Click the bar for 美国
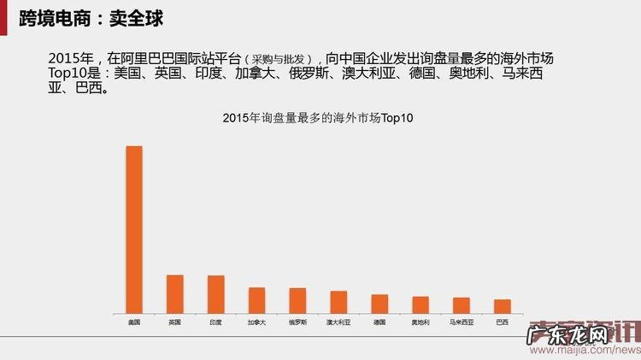(x=134, y=229)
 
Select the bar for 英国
(x=175, y=293)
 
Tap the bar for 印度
(x=216, y=293)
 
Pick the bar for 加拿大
(x=257, y=299)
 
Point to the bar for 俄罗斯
(x=297, y=300)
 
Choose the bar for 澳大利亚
(x=338, y=301)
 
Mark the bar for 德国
(x=379, y=304)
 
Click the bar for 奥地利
(x=420, y=304)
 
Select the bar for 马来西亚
(x=462, y=304)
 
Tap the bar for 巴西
(x=503, y=305)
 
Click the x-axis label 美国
(x=134, y=322)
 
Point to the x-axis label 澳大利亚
(x=338, y=322)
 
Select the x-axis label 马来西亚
(x=462, y=322)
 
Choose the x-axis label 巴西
(x=503, y=322)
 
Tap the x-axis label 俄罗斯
(x=297, y=322)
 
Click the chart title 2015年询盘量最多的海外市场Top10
(x=317, y=118)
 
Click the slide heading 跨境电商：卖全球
(x=91, y=18)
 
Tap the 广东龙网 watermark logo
(x=567, y=334)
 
